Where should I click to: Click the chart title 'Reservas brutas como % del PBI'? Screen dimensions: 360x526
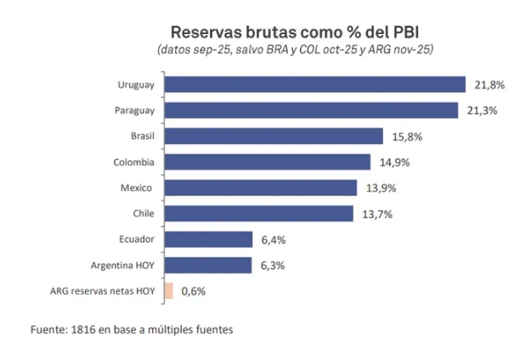coord(295,32)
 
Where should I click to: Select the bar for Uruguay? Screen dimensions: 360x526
coord(314,84)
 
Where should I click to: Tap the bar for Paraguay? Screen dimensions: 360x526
coord(312,110)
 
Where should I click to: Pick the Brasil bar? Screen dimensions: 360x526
coord(274,136)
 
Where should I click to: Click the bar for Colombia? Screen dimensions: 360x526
coord(267,161)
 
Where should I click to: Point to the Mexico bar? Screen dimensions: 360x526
coord(260,188)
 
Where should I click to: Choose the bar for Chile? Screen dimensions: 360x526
coord(258,213)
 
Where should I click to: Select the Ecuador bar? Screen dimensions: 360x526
coord(208,239)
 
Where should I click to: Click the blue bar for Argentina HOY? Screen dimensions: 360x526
coord(208,265)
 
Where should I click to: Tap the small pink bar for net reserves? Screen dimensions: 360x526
coord(168,290)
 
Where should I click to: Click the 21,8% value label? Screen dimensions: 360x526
coord(489,85)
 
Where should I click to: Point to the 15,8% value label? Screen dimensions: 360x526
coord(407,137)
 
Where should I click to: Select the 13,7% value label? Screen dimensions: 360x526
coord(376,214)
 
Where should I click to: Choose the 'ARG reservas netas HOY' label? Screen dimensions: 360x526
coord(104,291)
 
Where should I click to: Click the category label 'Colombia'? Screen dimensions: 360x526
coord(133,162)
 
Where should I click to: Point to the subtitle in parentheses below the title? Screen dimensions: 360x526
coord(295,50)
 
